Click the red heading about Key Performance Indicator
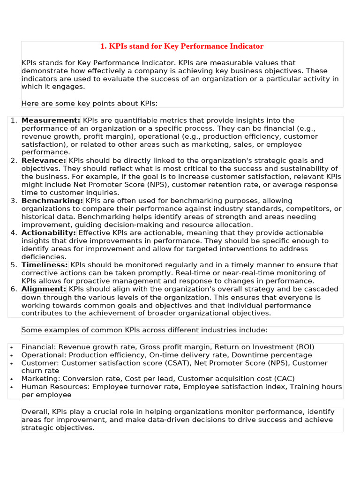tap(182, 46)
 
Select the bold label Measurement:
tap(51, 120)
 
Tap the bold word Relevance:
tap(44, 161)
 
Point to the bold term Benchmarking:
tap(52, 201)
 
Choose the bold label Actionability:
tap(49, 233)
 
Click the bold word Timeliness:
tap(45, 265)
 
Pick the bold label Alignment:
tap(44, 289)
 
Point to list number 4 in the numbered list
tap(14, 233)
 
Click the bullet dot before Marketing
tap(11, 379)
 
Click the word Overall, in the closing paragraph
tap(36, 412)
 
